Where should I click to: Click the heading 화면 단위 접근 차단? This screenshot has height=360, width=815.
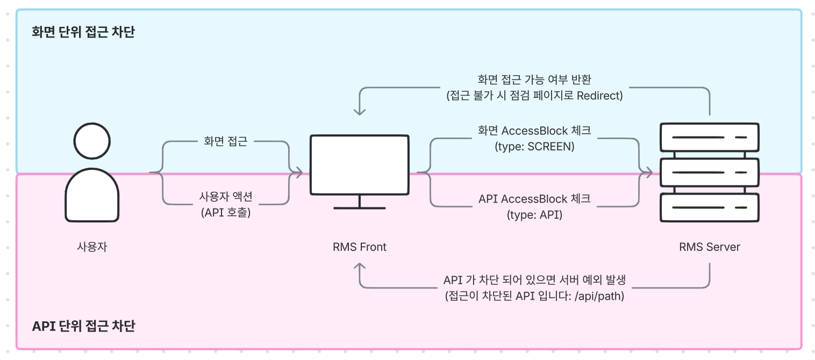tap(83, 32)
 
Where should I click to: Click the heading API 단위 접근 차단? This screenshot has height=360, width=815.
tap(83, 326)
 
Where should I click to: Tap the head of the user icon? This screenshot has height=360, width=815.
tap(92, 141)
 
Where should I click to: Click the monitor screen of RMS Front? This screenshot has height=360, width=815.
tap(359, 164)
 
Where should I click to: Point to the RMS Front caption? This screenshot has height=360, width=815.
tap(359, 247)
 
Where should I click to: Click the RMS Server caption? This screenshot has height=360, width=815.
tap(710, 247)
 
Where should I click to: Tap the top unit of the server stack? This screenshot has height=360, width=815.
tap(710, 138)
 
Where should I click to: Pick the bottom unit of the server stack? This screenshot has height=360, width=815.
tap(710, 208)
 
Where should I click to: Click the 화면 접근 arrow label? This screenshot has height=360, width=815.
tap(226, 142)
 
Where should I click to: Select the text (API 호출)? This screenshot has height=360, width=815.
tap(226, 212)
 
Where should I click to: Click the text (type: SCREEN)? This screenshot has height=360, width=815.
tap(534, 146)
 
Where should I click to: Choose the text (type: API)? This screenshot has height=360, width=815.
tap(534, 215)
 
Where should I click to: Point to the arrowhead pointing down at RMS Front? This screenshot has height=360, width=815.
tap(359, 111)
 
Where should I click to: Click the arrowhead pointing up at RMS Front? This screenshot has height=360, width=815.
tap(359, 266)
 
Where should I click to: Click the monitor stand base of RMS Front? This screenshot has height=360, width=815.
tap(359, 207)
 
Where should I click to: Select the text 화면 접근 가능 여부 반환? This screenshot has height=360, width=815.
tap(534, 80)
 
